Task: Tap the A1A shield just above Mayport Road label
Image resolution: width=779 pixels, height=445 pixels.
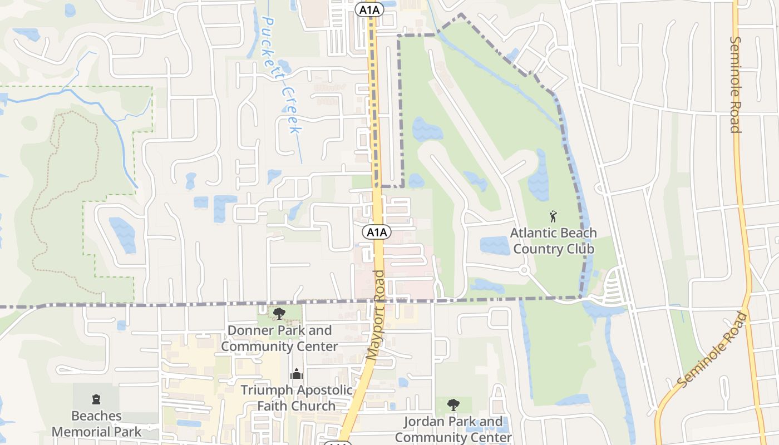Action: click(377, 233)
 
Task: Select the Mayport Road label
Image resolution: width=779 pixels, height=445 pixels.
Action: click(377, 314)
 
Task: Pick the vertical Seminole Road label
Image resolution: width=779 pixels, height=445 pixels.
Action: click(736, 85)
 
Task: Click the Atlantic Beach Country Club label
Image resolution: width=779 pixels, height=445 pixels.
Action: click(553, 241)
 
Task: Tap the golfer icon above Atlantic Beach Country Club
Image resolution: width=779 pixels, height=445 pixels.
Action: click(553, 216)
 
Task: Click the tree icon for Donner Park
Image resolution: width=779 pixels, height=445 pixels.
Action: click(279, 314)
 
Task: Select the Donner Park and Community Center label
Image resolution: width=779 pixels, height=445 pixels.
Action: click(279, 338)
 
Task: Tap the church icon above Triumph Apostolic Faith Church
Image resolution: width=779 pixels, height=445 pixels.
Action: click(297, 373)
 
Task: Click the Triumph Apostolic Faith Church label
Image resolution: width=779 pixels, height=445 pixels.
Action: click(297, 398)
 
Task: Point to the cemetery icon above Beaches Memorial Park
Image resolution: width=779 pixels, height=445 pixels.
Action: click(96, 399)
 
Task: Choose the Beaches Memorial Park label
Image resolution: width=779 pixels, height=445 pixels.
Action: click(96, 424)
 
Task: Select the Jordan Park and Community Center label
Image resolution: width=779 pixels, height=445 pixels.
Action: click(453, 429)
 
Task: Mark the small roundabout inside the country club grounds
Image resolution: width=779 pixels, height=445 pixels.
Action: click(524, 270)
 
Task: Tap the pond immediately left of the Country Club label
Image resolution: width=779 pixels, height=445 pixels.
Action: click(495, 245)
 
